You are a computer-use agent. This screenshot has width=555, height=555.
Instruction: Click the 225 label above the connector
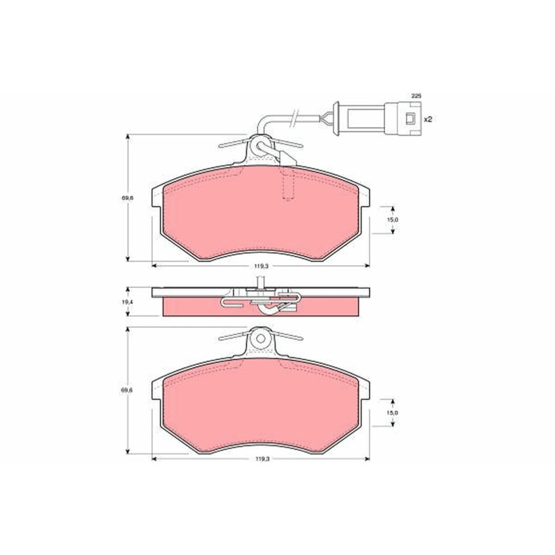coord(416,96)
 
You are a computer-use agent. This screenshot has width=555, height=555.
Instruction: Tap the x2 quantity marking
coord(428,119)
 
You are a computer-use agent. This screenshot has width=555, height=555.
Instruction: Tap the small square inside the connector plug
coord(410,119)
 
